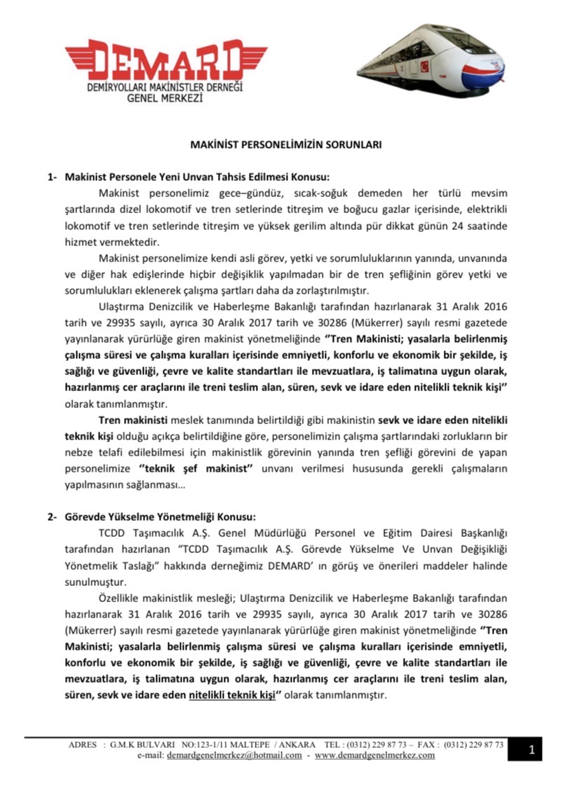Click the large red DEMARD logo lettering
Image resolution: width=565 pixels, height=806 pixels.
[155, 58]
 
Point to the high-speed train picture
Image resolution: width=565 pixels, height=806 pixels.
[435, 60]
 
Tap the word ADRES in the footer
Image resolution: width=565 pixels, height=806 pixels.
[82, 744]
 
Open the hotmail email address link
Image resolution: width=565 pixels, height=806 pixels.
[234, 756]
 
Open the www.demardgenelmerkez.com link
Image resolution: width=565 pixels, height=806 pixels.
[374, 756]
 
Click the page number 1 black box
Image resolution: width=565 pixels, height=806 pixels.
[532, 751]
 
